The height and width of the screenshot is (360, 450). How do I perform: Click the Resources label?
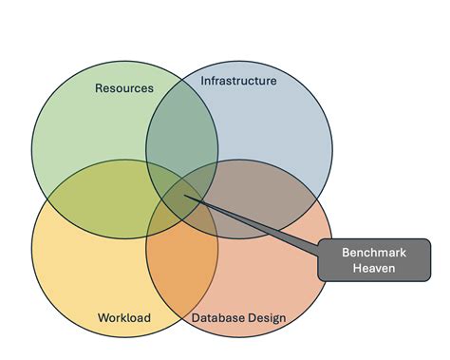pos(124,88)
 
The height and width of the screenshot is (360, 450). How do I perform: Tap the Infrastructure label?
pos(238,81)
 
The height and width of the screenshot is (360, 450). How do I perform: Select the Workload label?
pos(124,317)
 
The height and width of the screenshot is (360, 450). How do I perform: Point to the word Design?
pos(268,317)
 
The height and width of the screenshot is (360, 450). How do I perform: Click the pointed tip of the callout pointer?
pos(186,198)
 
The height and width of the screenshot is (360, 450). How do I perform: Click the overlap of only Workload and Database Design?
pos(180,271)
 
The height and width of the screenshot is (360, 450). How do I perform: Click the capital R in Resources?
pos(100,88)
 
